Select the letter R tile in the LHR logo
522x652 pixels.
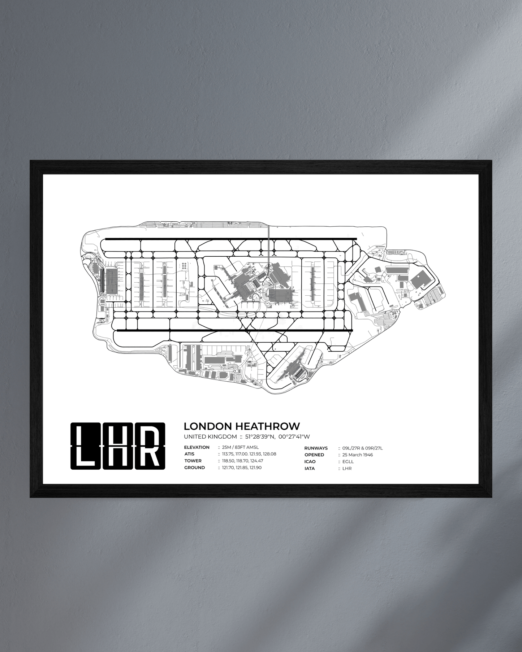pos(150,446)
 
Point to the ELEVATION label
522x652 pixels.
pos(197,447)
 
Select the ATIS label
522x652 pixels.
pos(189,454)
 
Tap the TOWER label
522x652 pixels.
pos(193,461)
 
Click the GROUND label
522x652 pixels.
pos(194,468)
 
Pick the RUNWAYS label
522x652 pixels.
pos(316,448)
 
